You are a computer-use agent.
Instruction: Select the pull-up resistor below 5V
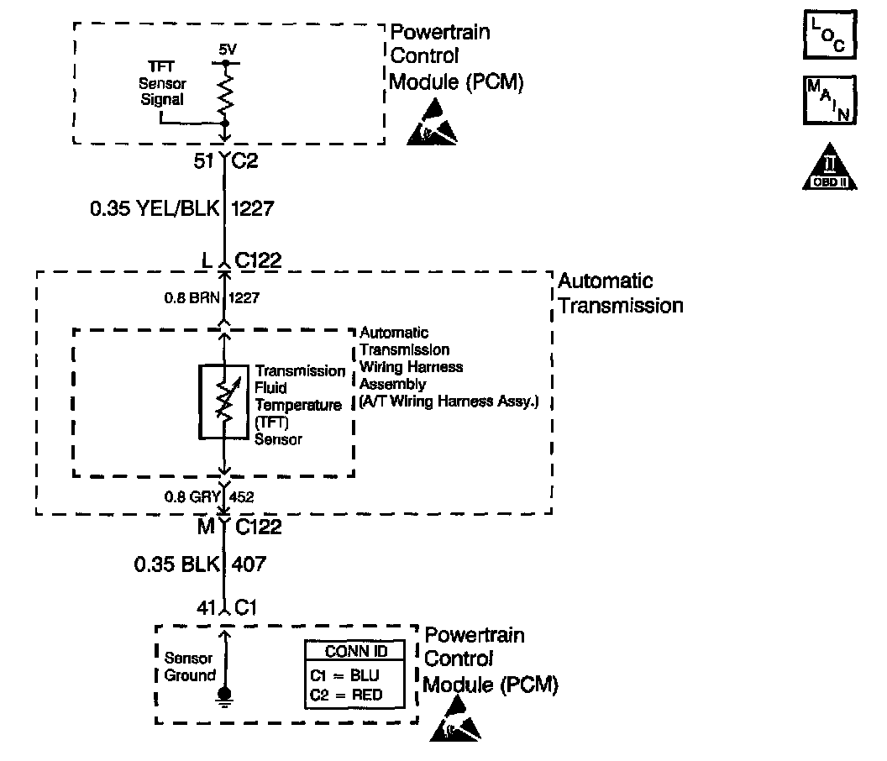(225, 92)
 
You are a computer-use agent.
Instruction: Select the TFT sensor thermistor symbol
(223, 401)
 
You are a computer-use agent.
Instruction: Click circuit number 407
(250, 564)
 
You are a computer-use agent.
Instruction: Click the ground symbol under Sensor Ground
(224, 695)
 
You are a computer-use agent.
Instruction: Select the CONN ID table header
(355, 652)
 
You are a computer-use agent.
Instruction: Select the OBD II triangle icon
(830, 168)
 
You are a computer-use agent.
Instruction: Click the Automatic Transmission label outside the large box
(620, 293)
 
